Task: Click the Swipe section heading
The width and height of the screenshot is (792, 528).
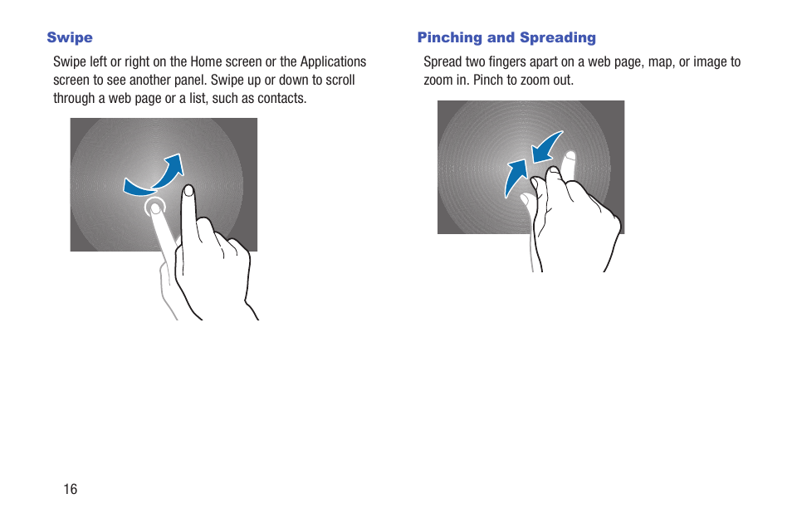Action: tap(70, 37)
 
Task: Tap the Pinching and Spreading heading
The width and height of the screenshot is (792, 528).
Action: tap(506, 37)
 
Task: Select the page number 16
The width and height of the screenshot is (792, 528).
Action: tap(71, 489)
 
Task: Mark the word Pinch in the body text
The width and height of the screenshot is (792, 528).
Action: tap(490, 80)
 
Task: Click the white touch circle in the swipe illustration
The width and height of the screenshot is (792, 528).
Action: tap(154, 208)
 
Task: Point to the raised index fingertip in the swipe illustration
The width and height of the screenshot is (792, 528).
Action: tap(188, 192)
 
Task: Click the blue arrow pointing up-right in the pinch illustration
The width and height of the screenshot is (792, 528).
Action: tap(516, 177)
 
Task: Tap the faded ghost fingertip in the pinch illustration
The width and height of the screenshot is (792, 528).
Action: tap(569, 158)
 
